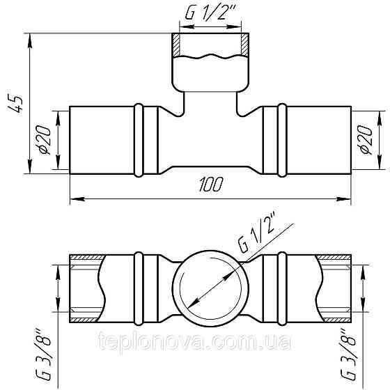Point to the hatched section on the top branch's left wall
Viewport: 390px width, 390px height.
click(x=178, y=46)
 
